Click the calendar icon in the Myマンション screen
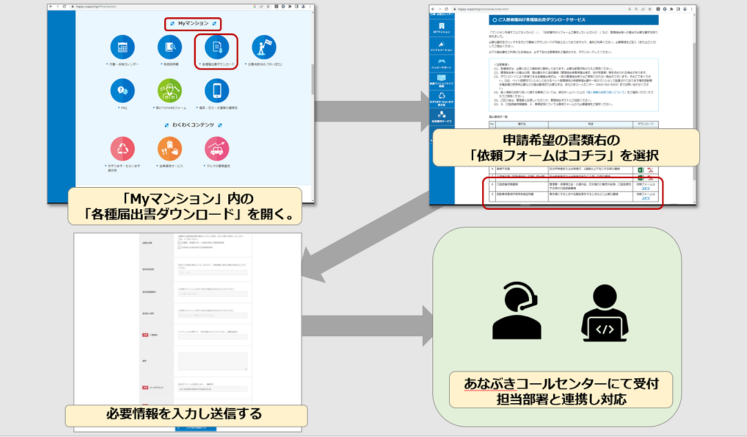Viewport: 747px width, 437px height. click(123, 48)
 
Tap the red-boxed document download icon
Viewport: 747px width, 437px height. click(217, 48)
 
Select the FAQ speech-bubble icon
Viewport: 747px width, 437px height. click(123, 91)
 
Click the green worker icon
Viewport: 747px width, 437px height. click(169, 91)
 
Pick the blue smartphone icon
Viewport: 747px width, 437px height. click(217, 91)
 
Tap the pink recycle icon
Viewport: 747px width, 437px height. click(123, 149)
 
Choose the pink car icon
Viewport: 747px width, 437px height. click(217, 149)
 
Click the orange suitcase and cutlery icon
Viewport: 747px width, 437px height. click(169, 149)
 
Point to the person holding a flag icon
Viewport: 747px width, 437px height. click(264, 48)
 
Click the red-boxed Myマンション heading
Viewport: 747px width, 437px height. click(193, 24)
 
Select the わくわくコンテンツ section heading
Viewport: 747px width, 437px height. click(192, 125)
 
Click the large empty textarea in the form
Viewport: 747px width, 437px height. click(212, 361)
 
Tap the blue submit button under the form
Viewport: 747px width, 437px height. click(195, 428)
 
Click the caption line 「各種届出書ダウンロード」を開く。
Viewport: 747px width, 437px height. click(185, 214)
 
